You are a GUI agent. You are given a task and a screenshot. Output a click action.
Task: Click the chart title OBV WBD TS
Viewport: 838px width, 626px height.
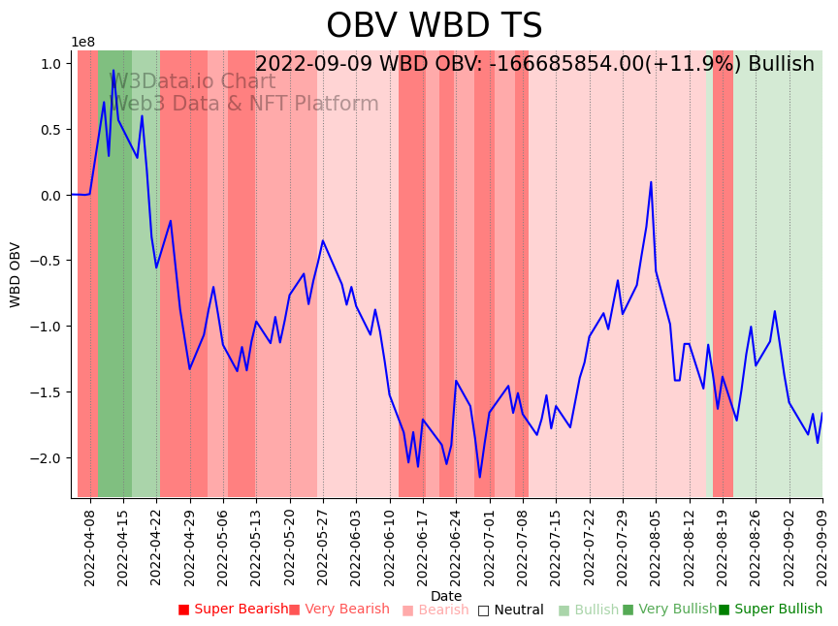click(434, 26)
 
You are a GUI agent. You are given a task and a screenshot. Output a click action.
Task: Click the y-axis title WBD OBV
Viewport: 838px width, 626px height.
click(16, 274)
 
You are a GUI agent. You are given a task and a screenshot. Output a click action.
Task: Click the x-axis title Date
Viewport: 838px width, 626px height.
click(446, 596)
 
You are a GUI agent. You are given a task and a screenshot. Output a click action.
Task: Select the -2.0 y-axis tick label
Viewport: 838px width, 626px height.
click(48, 457)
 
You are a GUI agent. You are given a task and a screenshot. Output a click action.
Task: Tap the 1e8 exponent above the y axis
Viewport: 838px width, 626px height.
click(82, 42)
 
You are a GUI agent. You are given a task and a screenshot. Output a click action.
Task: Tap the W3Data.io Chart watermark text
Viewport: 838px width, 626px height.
click(194, 81)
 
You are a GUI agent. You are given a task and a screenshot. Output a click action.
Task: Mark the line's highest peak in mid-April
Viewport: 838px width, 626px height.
click(113, 70)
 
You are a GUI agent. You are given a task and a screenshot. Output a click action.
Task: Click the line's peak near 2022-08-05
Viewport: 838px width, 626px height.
click(651, 182)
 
